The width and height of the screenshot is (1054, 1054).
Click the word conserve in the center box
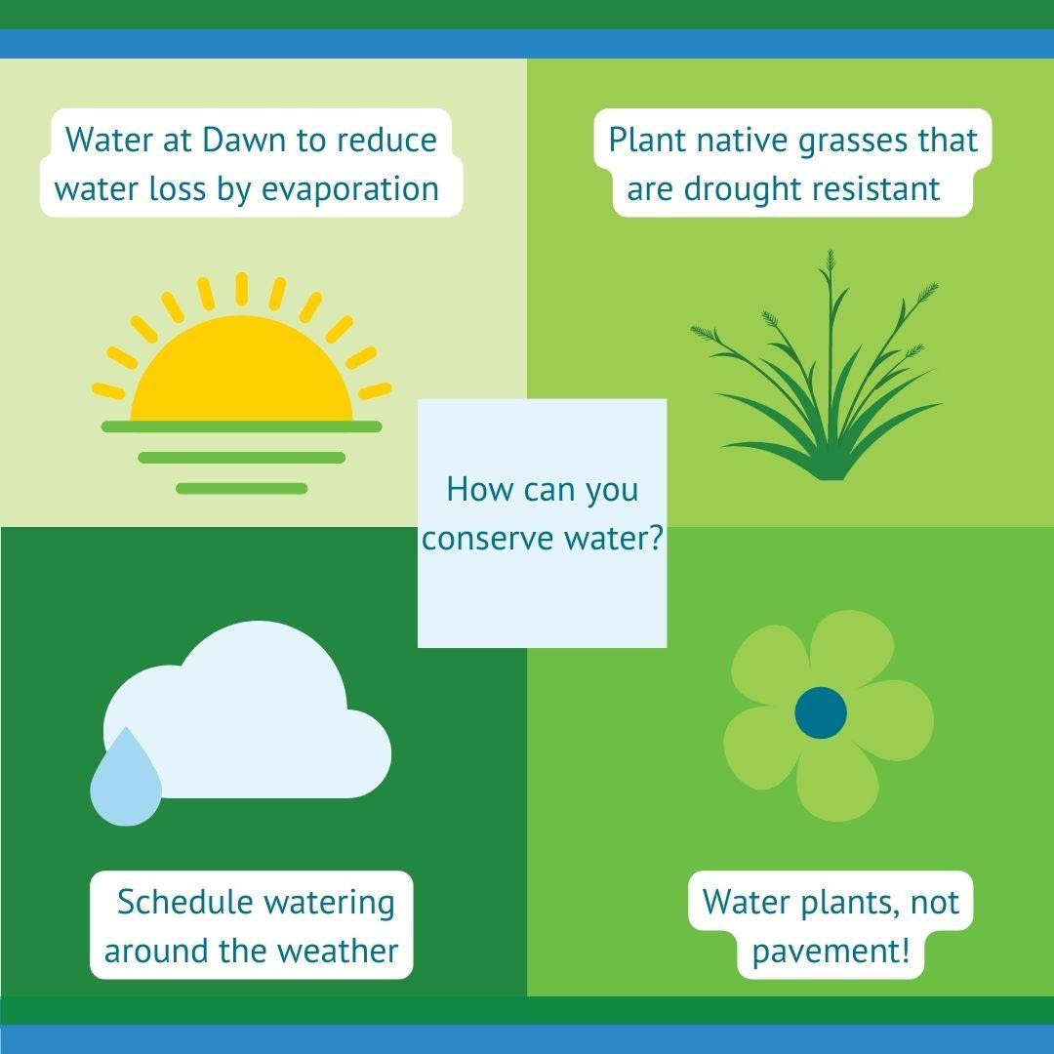[x=488, y=539]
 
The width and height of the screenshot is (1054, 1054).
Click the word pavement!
[x=831, y=952]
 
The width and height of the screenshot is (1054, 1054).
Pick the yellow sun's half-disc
[x=241, y=370]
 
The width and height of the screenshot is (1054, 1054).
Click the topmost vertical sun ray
[x=241, y=289]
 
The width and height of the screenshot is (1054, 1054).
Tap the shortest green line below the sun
[x=241, y=489]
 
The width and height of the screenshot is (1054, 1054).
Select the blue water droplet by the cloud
[x=126, y=779]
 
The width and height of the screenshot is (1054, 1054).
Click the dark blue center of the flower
[x=820, y=712]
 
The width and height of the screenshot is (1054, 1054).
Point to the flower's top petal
[x=852, y=648]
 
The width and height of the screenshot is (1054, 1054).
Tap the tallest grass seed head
[x=831, y=262]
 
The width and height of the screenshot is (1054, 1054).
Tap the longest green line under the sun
[x=241, y=426]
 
